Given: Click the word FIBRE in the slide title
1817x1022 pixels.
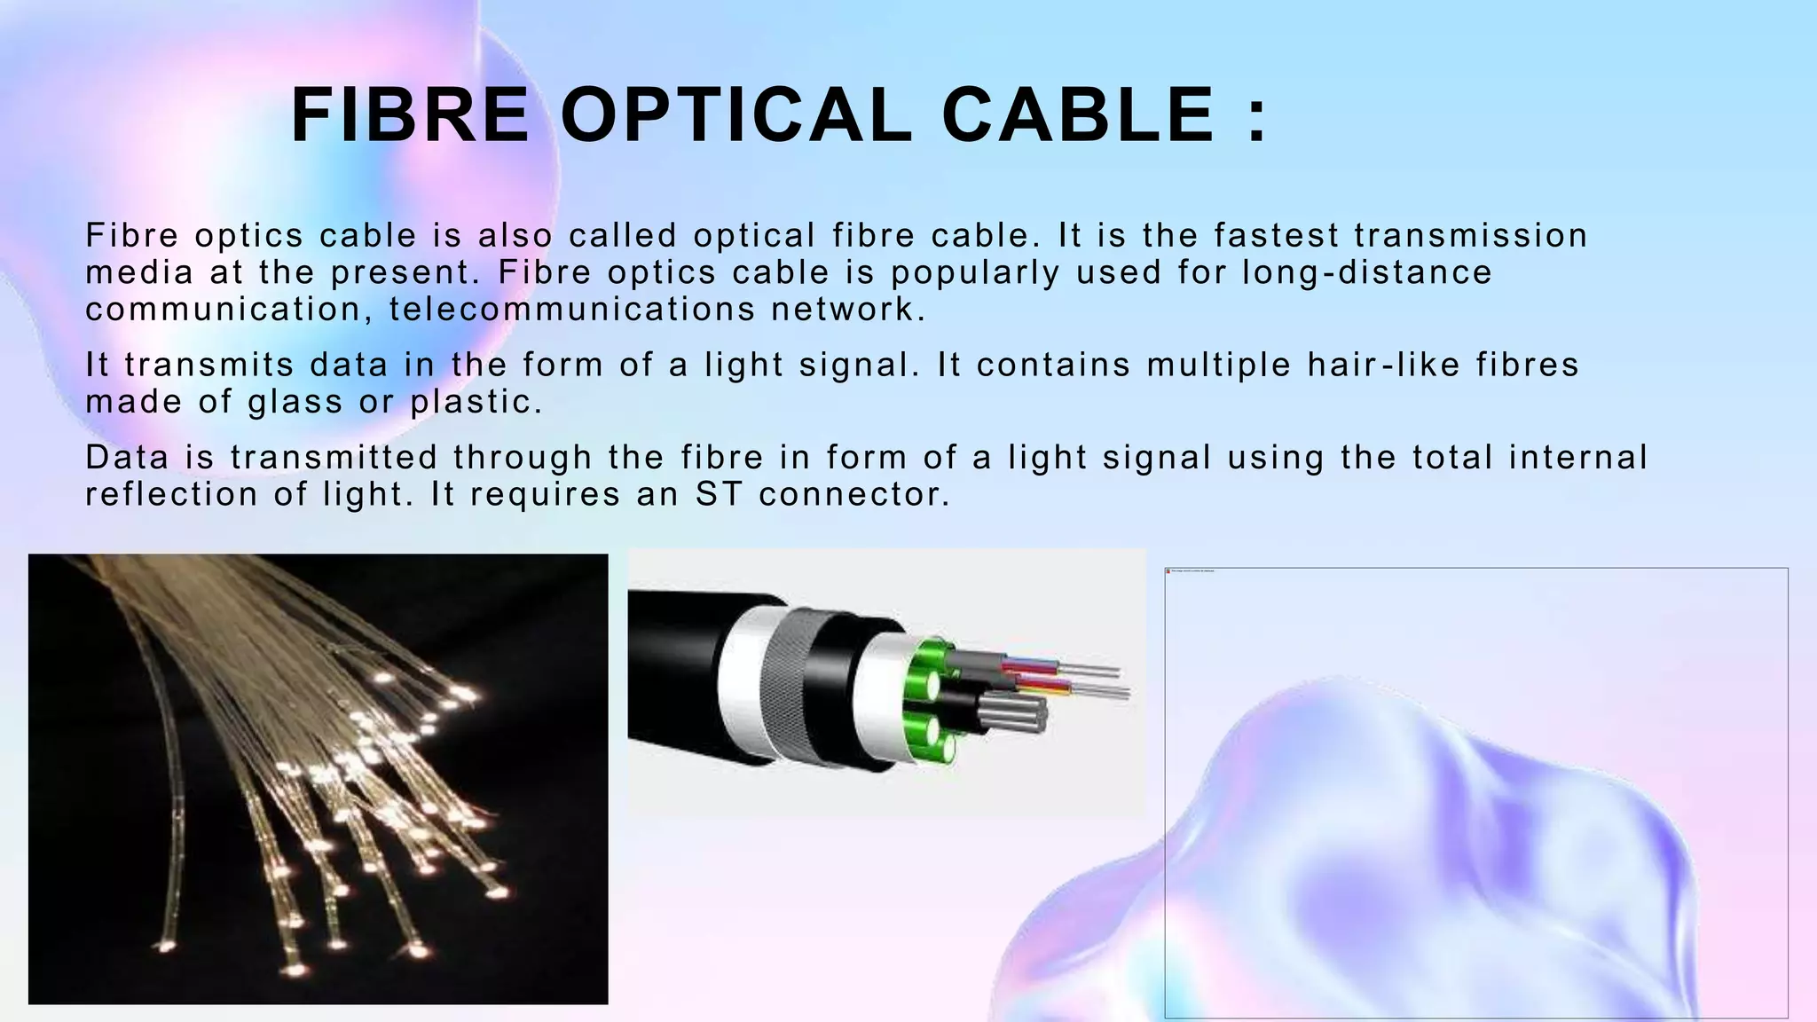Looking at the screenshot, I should click(410, 115).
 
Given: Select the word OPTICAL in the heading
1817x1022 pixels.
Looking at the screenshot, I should click(736, 115).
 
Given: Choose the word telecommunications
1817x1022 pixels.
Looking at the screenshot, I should click(571, 310).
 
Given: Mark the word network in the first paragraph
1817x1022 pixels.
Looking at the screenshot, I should click(847, 310).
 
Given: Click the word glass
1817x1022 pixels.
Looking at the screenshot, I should click(295, 403).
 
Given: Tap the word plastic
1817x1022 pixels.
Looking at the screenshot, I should click(476, 403).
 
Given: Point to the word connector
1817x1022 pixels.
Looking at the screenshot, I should click(854, 495).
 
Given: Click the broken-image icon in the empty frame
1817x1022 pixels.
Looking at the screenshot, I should click(1168, 571).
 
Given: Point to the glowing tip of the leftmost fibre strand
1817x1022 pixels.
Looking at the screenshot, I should click(163, 946).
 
